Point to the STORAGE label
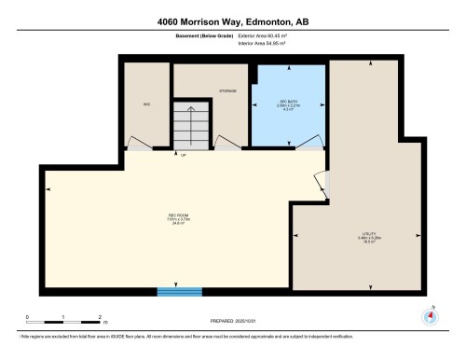tap(226, 90)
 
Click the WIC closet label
tap(146, 104)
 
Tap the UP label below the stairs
tap(183, 155)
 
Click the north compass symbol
tap(430, 314)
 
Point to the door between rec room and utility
tap(322, 187)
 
